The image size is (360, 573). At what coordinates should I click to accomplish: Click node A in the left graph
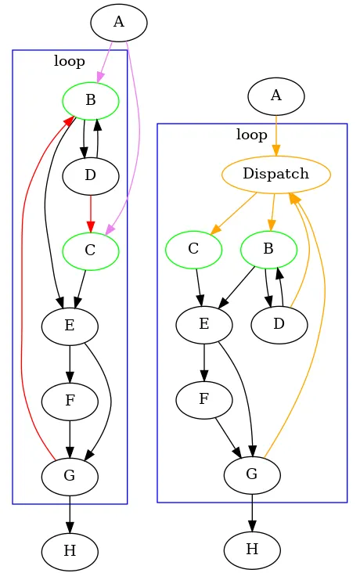click(x=119, y=22)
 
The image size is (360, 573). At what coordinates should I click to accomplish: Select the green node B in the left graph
click(x=90, y=100)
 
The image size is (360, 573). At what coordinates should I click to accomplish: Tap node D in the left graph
click(x=90, y=175)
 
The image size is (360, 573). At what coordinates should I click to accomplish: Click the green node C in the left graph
click(x=90, y=250)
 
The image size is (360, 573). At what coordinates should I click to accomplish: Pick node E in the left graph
click(x=70, y=326)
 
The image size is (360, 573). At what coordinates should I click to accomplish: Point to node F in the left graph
click(x=70, y=401)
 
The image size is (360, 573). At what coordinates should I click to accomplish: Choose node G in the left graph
click(x=70, y=476)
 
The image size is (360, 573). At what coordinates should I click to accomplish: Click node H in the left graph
click(x=70, y=551)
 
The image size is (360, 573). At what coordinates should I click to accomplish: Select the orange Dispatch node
click(x=276, y=174)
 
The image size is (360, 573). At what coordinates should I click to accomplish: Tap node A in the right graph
click(x=275, y=96)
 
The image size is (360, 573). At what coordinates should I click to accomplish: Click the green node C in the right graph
click(x=194, y=250)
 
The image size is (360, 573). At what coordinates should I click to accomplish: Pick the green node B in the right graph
click(x=268, y=250)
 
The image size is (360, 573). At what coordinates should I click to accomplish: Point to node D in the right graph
click(x=279, y=325)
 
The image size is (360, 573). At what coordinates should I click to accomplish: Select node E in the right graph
click(x=204, y=325)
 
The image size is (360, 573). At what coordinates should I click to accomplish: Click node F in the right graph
click(x=204, y=400)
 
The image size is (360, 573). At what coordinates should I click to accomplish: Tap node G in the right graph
click(x=252, y=475)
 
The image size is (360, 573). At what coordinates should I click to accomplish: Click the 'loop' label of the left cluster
click(x=70, y=60)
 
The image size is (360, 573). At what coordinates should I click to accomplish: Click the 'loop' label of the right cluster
click(x=252, y=135)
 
